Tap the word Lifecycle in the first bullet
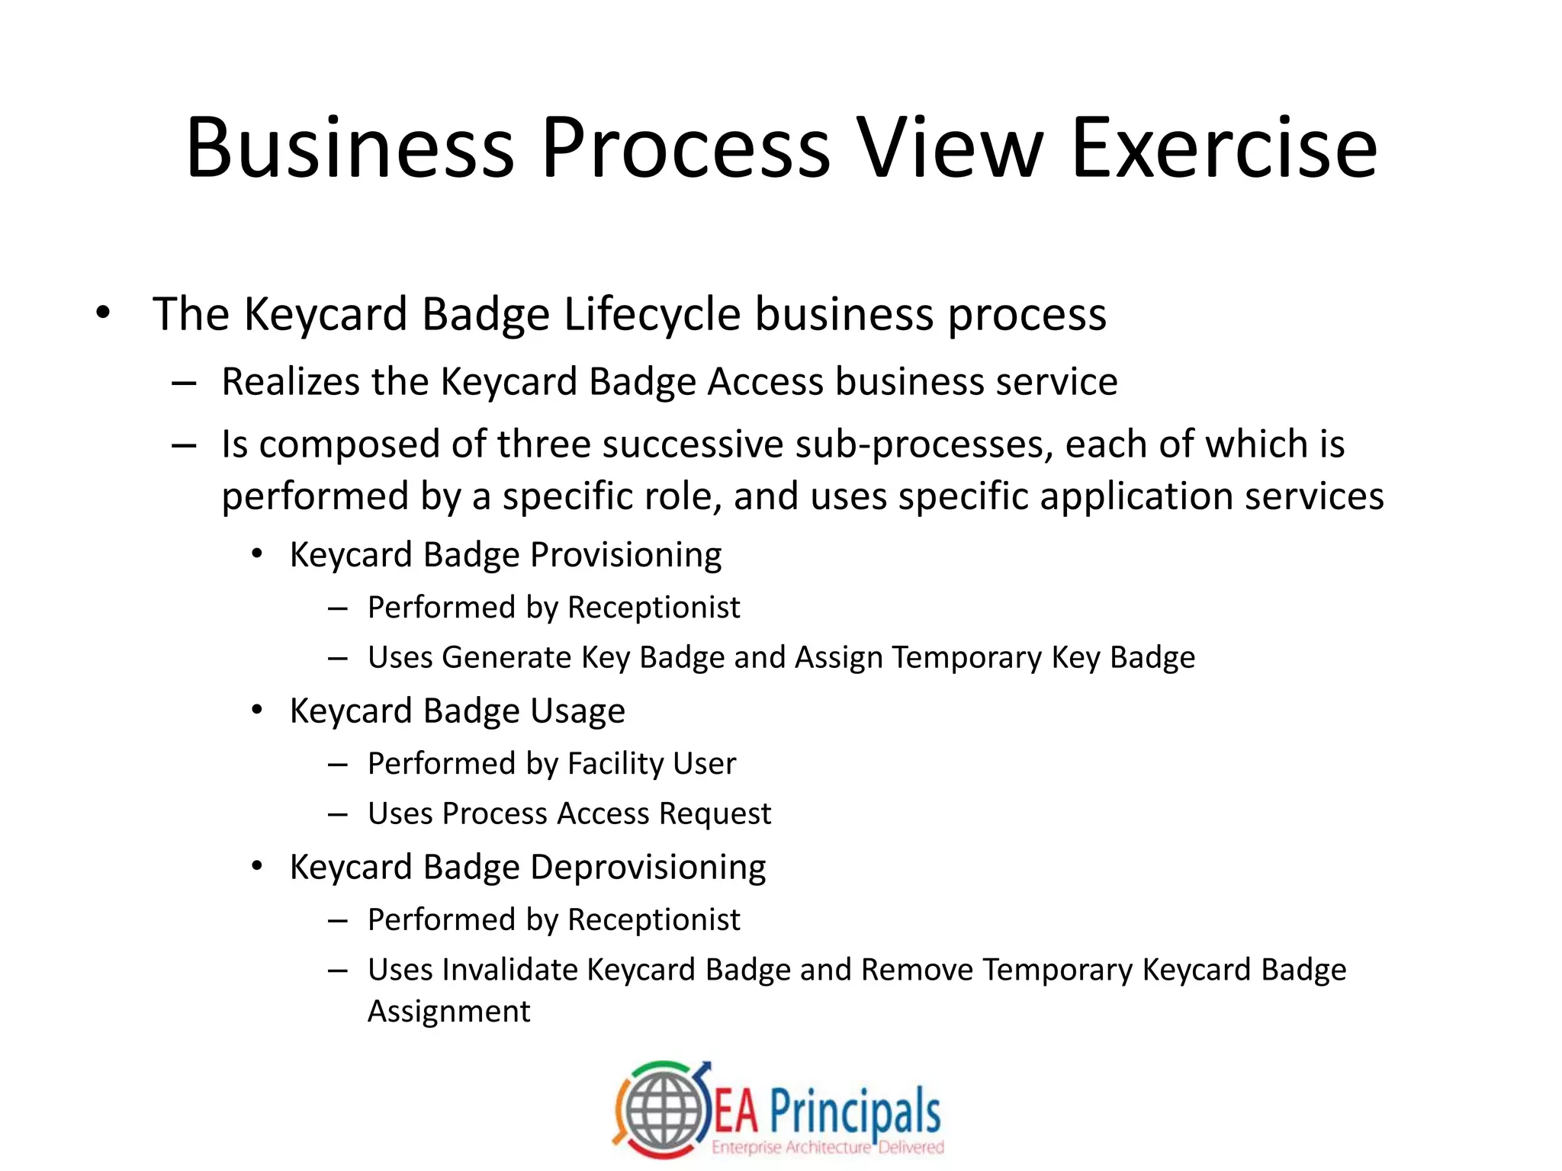pyautogui.click(x=652, y=315)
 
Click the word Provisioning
pyautogui.click(x=625, y=555)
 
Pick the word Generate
pyautogui.click(x=506, y=657)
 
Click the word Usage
pyautogui.click(x=577, y=711)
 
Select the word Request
pyautogui.click(x=715, y=813)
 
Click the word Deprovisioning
pyautogui.click(x=648, y=868)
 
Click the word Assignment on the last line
pyautogui.click(x=448, y=1012)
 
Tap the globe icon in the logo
pyautogui.click(x=662, y=1112)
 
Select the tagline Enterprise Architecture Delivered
pyautogui.click(x=828, y=1147)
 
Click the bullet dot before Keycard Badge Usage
pyautogui.click(x=257, y=710)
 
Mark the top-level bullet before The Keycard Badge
pyautogui.click(x=103, y=313)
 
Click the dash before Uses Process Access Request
pyautogui.click(x=338, y=814)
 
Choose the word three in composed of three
pyautogui.click(x=542, y=444)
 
